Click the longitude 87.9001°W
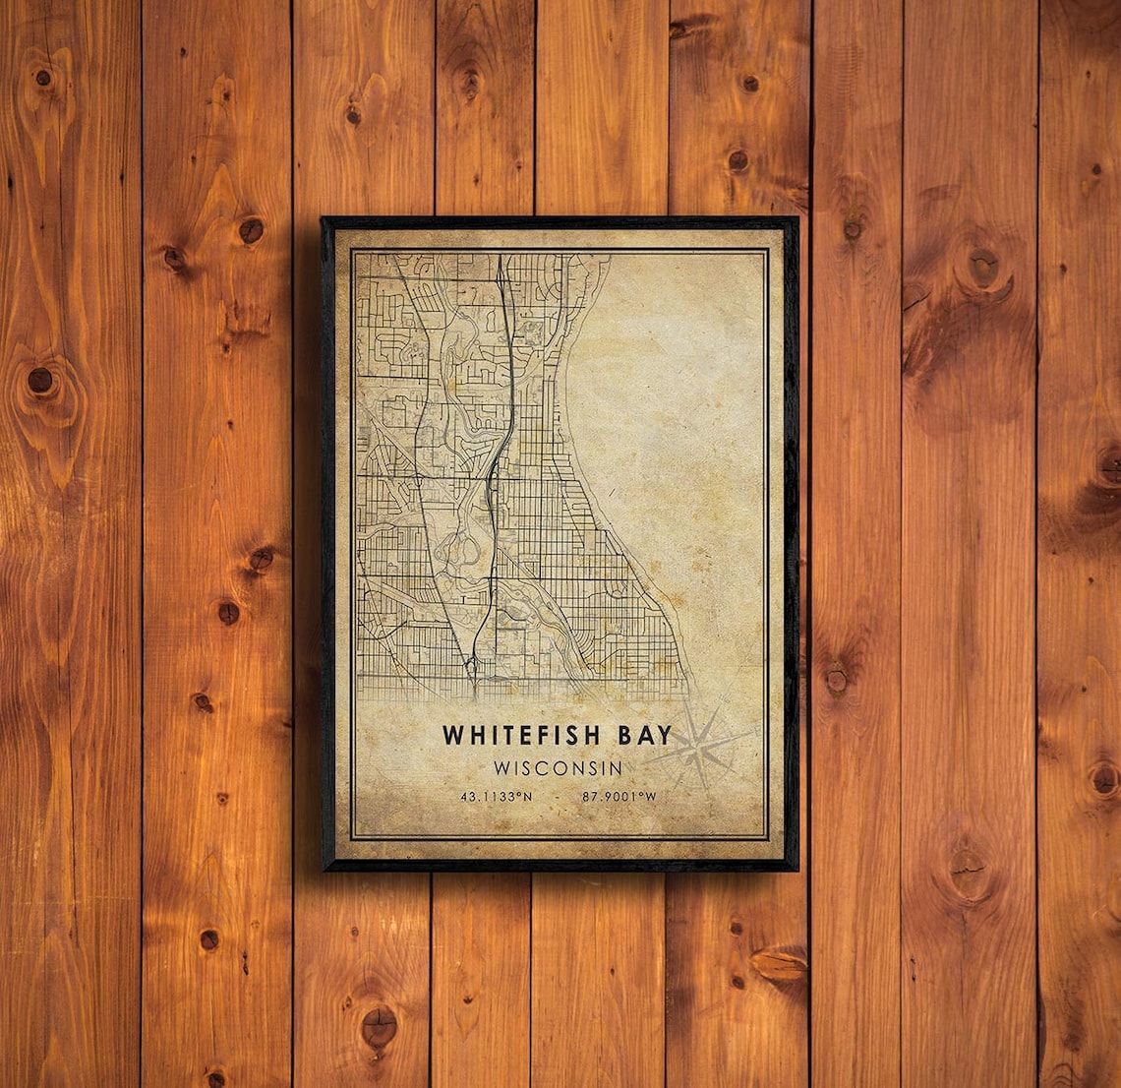[x=619, y=797]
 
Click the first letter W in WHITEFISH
[x=451, y=735]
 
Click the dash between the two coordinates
[x=559, y=797]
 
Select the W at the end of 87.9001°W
[x=651, y=797]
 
